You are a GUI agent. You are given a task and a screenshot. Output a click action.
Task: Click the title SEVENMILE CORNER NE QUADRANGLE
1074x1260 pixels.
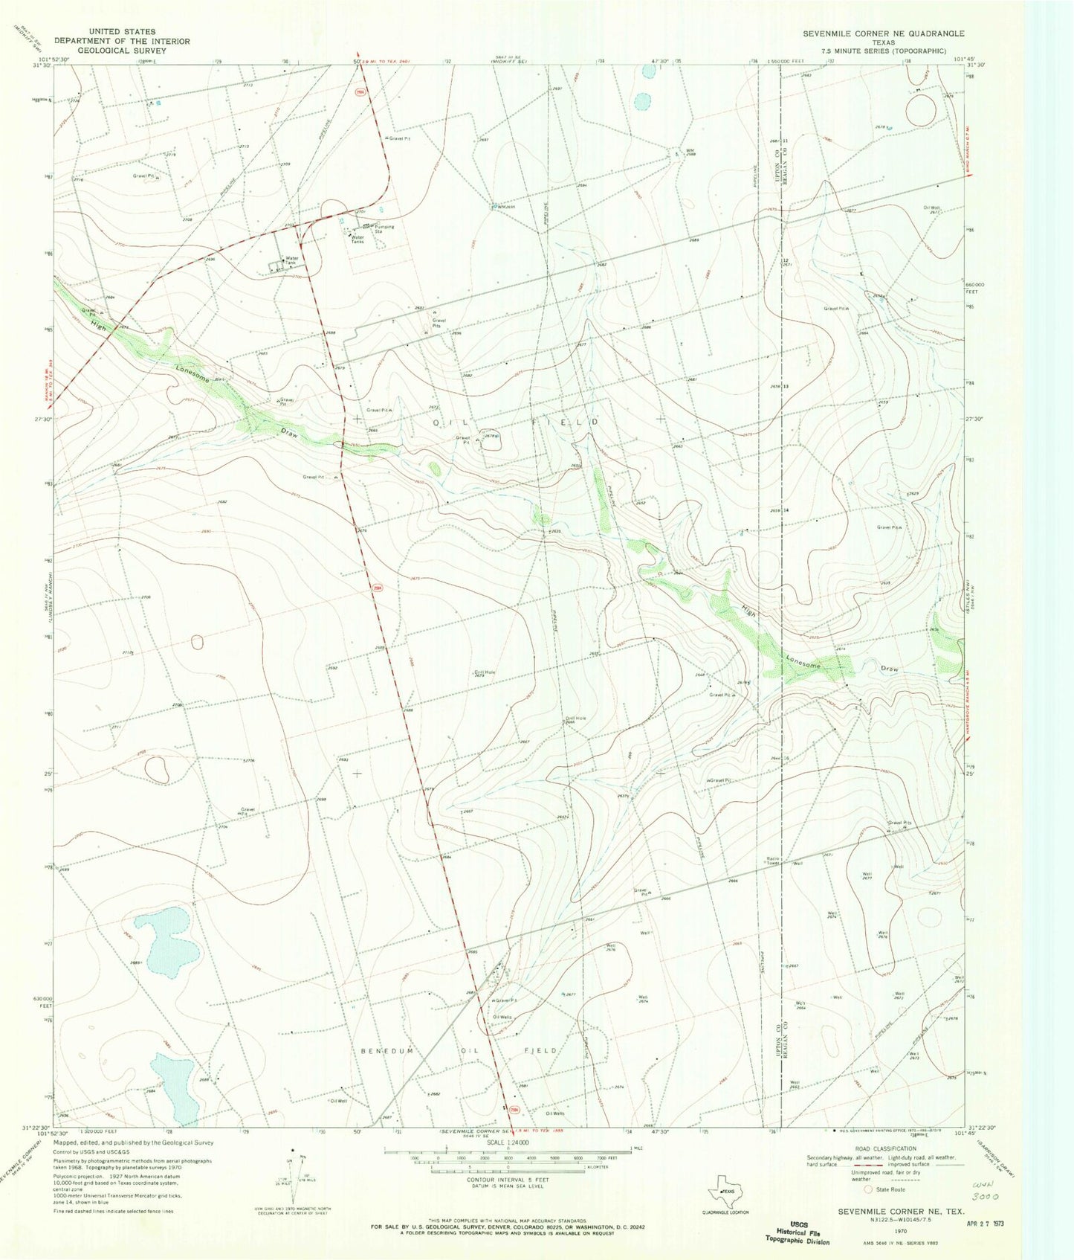[x=882, y=33]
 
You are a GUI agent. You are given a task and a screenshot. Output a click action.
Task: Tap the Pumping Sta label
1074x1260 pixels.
[x=384, y=229]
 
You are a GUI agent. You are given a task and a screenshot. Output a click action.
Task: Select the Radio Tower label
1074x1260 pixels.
[x=773, y=861]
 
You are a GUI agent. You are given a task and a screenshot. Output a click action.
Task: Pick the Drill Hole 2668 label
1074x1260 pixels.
[x=575, y=720]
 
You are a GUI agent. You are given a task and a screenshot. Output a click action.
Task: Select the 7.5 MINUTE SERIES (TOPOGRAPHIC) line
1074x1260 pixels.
[x=883, y=51]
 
